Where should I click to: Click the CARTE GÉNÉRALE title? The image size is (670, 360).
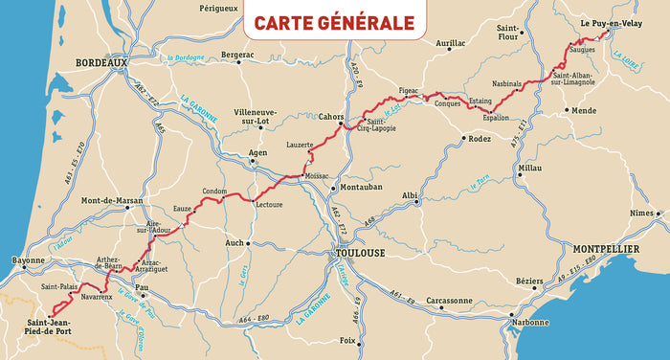[334, 22]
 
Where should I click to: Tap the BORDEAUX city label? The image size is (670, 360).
[101, 63]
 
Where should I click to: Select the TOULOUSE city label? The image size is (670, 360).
[358, 253]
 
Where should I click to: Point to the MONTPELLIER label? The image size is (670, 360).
[606, 249]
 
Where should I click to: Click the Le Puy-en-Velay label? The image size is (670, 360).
[610, 20]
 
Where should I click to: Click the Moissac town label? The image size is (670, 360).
[317, 177]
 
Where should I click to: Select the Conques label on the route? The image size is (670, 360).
[448, 103]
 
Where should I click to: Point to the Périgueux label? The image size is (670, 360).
[218, 8]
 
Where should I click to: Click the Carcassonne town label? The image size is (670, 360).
[450, 301]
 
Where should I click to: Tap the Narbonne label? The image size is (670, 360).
[530, 323]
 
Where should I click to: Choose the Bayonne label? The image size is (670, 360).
[28, 260]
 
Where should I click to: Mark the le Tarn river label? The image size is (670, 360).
[481, 178]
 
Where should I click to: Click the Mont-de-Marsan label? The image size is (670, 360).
[112, 201]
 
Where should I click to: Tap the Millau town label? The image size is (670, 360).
[529, 168]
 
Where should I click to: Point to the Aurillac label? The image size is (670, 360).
[450, 43]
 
